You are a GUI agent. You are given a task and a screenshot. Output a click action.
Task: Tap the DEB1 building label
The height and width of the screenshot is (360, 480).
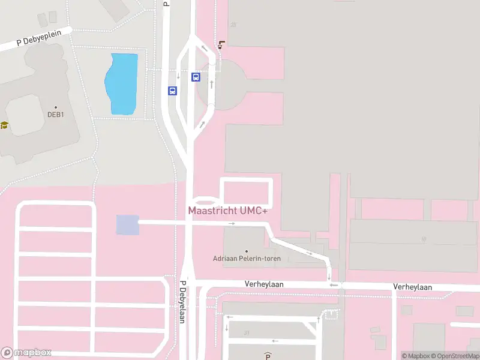click(x=56, y=115)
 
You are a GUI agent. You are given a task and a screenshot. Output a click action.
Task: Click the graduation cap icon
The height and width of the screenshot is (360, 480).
click(x=4, y=125)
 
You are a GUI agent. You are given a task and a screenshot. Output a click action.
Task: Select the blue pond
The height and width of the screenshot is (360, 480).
click(x=122, y=84)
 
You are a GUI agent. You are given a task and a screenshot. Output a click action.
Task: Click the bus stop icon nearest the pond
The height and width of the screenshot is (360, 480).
click(x=172, y=91)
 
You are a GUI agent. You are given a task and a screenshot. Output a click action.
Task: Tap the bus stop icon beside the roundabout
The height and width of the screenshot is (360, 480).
click(x=196, y=77)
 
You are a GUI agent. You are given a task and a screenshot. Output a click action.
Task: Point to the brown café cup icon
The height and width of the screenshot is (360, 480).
click(x=223, y=44)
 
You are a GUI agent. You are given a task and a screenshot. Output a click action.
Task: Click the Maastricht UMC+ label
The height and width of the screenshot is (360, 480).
click(x=227, y=211)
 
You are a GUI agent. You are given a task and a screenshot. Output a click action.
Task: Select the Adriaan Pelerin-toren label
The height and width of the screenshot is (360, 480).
click(x=247, y=259)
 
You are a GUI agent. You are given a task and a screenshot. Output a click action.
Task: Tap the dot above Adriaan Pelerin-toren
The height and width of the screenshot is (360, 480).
click(x=247, y=251)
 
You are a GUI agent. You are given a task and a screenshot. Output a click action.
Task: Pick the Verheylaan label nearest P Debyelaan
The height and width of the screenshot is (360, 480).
click(x=263, y=284)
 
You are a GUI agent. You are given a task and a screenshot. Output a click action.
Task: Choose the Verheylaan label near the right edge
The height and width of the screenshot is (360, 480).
click(x=412, y=287)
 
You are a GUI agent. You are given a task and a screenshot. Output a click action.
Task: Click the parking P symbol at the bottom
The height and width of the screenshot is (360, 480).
click(x=268, y=355)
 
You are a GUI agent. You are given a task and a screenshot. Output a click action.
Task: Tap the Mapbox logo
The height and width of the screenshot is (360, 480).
click(x=26, y=353)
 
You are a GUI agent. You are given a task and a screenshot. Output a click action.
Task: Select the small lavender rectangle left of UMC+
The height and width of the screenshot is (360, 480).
click(x=127, y=225)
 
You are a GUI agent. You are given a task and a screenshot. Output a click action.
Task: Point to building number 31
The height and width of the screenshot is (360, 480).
click(x=247, y=332)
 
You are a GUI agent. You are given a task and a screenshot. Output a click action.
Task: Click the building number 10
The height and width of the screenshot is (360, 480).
click(x=423, y=239)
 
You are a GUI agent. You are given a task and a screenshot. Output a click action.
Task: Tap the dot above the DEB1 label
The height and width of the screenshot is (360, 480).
click(x=56, y=107)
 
